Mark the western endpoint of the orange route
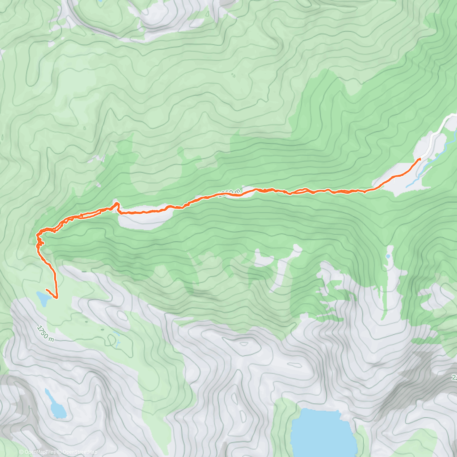(46, 290)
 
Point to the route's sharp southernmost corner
(57, 297)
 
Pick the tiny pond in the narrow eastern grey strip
(388, 256)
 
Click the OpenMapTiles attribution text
(40, 452)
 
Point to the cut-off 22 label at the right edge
(454, 377)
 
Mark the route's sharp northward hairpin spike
(116, 204)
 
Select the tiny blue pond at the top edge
(100, 2)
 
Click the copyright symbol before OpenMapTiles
(21, 452)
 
